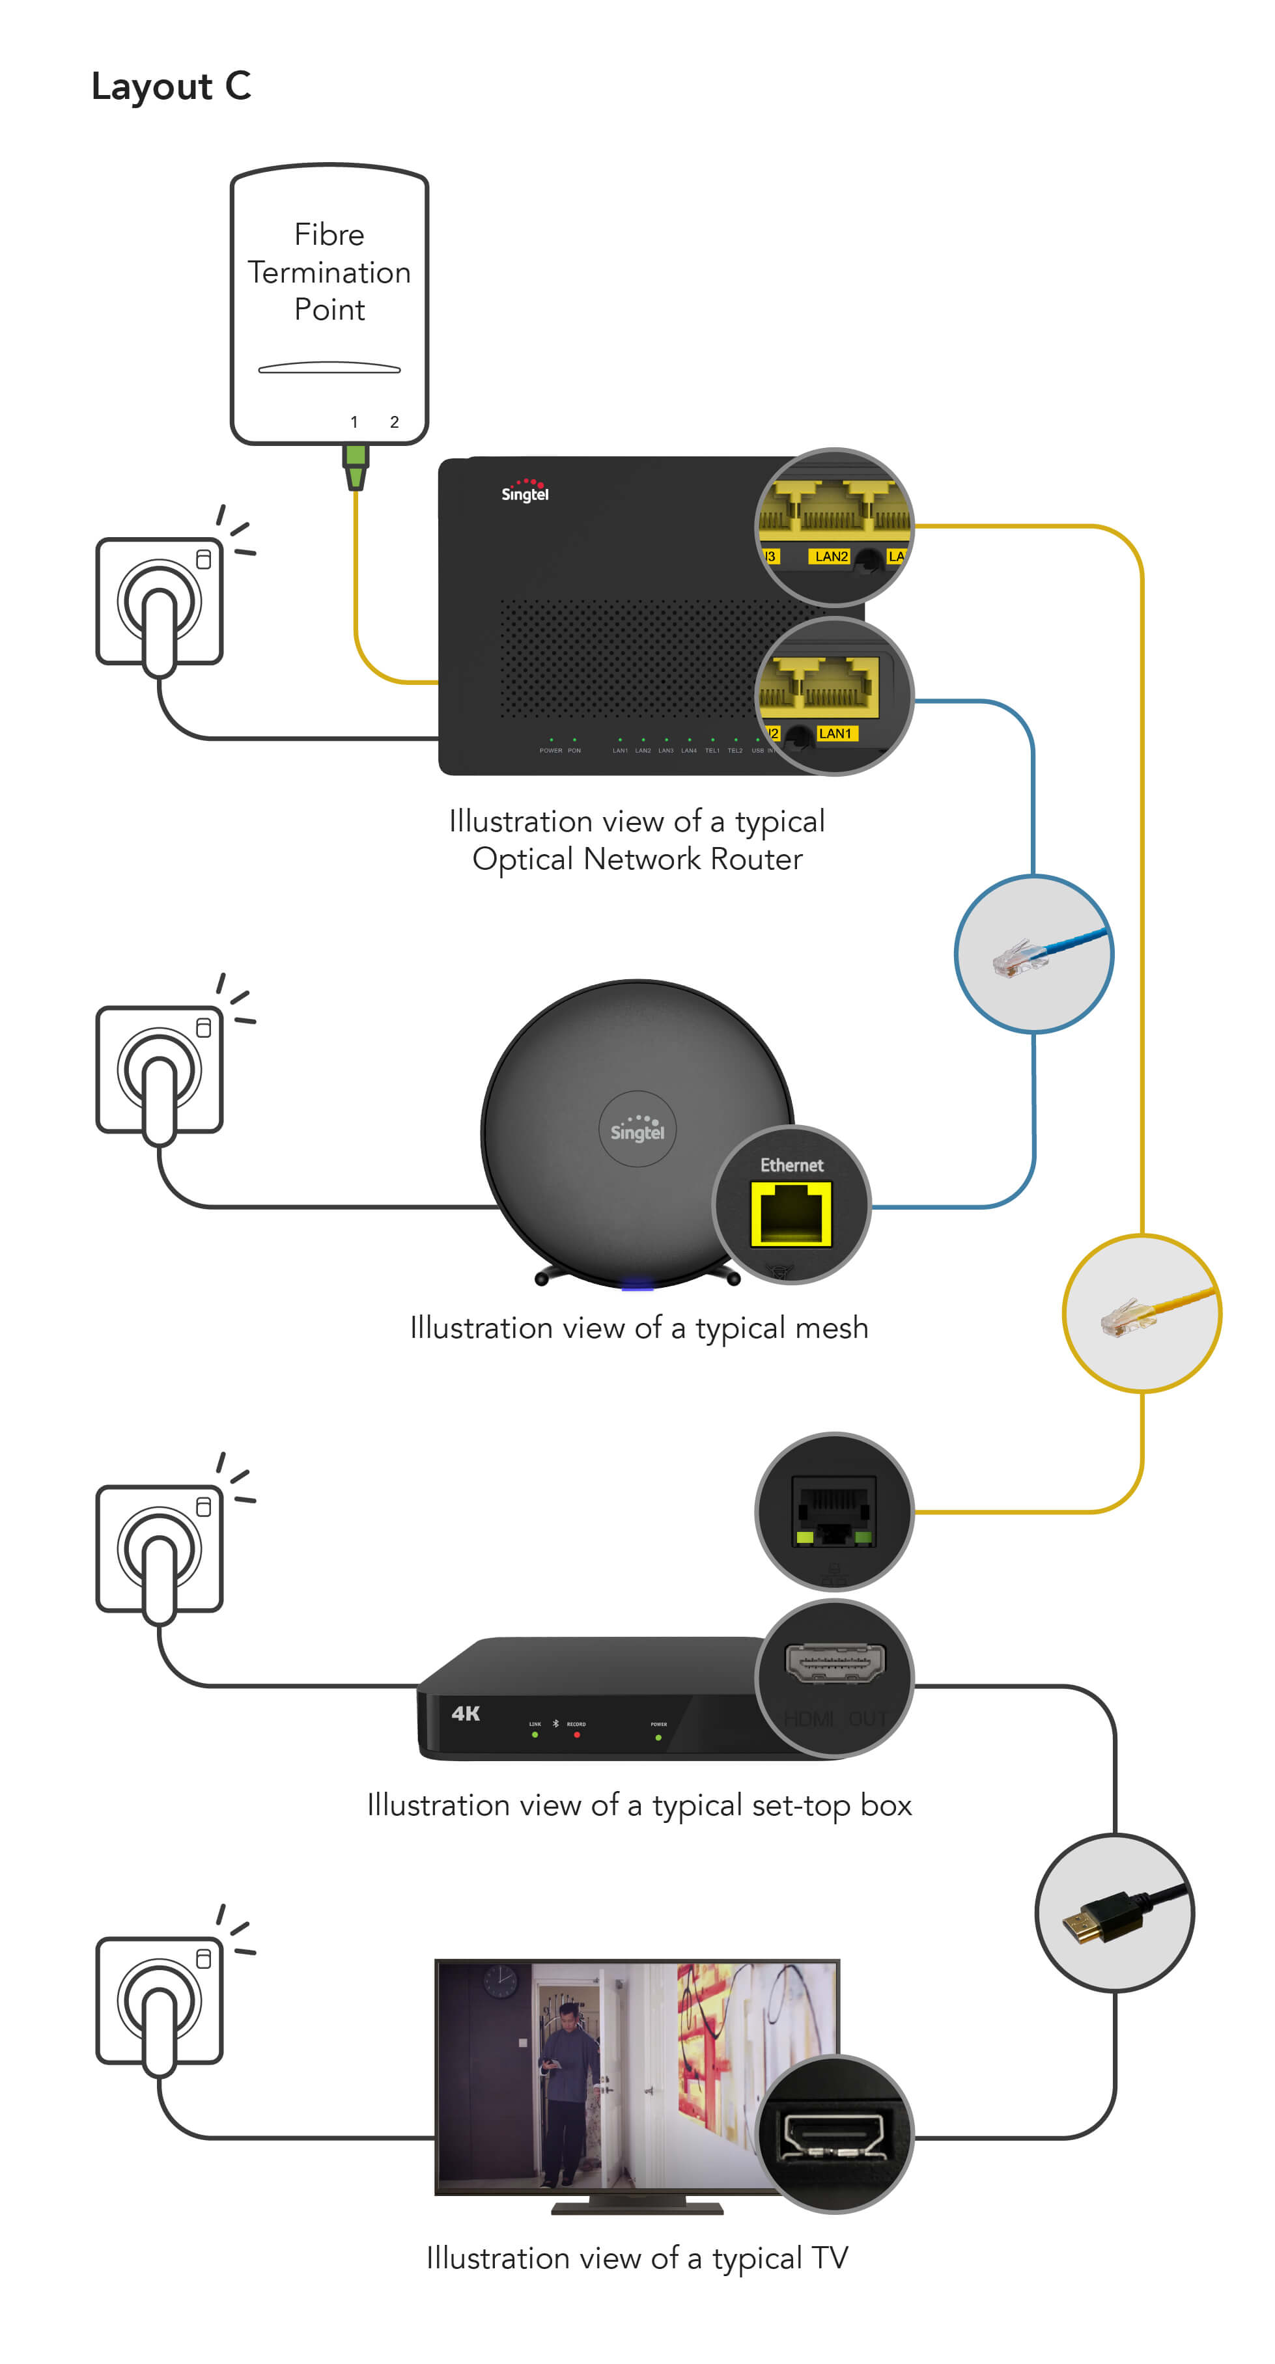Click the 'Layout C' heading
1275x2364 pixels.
[x=171, y=86]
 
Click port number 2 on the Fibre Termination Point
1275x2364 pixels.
[x=394, y=422]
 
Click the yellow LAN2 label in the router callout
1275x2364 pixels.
[x=831, y=556]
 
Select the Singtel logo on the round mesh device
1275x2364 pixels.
[x=637, y=1129]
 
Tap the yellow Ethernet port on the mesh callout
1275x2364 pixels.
[x=791, y=1213]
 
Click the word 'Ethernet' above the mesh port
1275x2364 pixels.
[x=791, y=1165]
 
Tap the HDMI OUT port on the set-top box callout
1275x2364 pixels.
[x=834, y=1662]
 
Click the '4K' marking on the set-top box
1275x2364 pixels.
[x=466, y=1714]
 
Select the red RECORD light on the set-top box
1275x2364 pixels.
[x=576, y=1734]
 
